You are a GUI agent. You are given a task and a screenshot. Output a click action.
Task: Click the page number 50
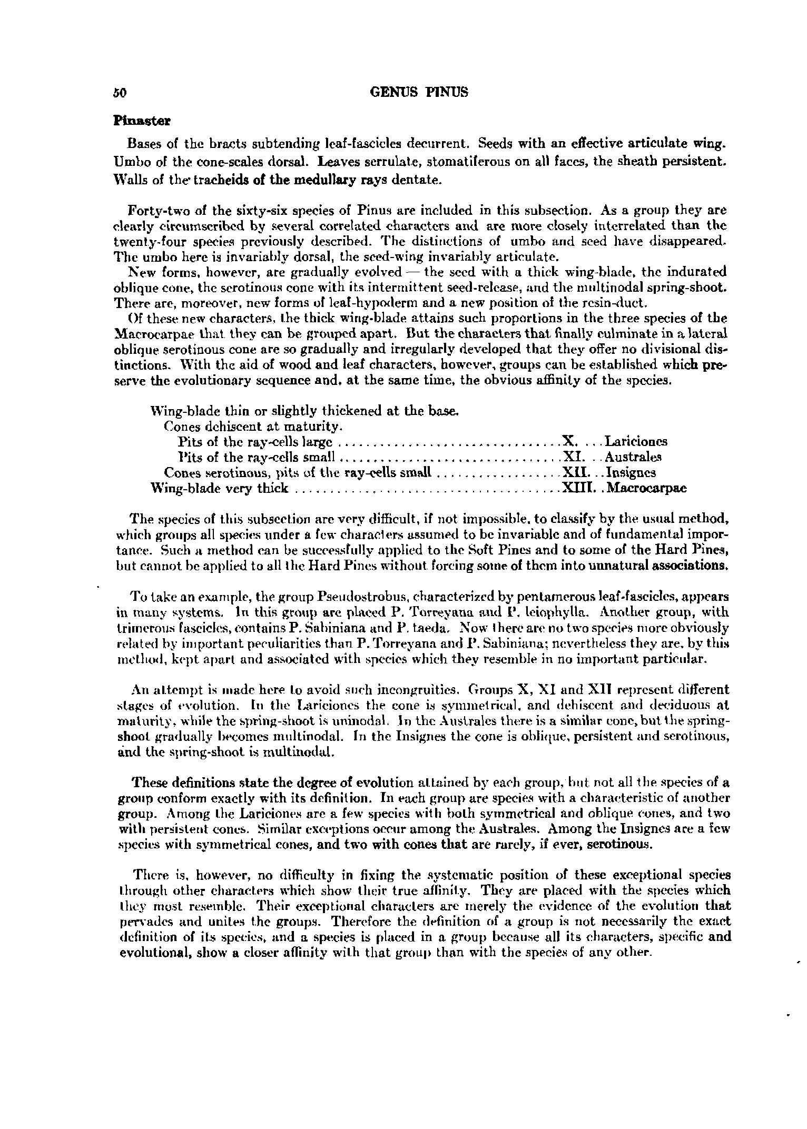point(120,93)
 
